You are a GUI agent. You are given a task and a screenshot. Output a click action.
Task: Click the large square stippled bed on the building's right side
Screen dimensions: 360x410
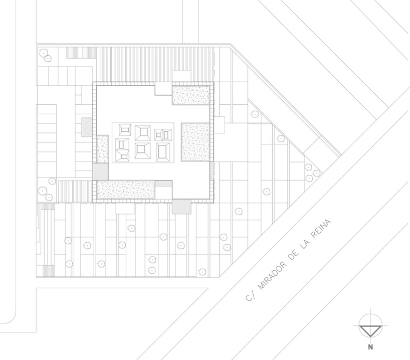coord(194,141)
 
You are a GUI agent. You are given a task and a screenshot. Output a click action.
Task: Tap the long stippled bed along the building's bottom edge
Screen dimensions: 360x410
coord(125,189)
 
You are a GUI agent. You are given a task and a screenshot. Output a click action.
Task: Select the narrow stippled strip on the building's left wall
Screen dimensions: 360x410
coord(103,149)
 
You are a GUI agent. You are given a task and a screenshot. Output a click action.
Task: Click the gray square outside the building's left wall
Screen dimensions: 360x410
coord(86,126)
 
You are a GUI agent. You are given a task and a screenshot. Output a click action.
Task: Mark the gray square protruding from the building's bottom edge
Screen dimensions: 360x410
coord(180,206)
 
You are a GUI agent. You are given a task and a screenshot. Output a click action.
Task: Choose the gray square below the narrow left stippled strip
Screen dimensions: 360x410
coord(100,171)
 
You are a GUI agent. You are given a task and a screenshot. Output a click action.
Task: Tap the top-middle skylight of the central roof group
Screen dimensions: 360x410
coord(143,132)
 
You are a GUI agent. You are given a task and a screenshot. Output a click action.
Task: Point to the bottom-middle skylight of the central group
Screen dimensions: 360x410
coord(143,150)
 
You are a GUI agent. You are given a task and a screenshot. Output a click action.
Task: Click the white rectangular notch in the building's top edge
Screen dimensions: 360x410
coord(163,89)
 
